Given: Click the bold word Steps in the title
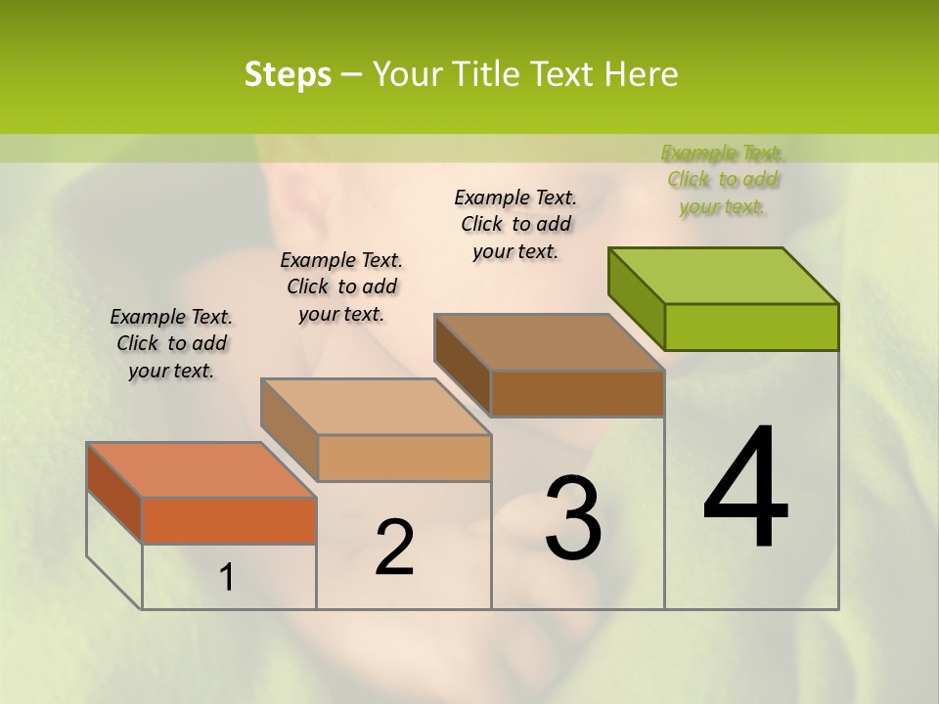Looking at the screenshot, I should point(288,74).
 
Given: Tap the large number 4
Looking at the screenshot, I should point(745,490).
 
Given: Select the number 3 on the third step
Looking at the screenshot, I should point(573,518).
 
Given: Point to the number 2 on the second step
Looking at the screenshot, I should point(394,548).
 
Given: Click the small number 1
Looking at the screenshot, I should point(226,578).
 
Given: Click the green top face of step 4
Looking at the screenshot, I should point(724,276).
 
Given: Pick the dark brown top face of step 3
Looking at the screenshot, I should point(550,342).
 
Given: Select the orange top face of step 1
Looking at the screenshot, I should point(201,470).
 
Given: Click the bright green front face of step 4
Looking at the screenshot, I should point(751,327).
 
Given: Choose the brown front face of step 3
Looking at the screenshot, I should point(577,393).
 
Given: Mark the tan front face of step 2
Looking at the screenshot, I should point(404,458).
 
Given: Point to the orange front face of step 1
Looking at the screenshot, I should point(229,520).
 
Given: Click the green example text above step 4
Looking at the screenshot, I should point(723,179).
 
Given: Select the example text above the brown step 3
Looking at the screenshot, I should point(515,224).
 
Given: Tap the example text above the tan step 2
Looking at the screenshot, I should point(341,286).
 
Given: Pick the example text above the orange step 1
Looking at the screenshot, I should point(171,343).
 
